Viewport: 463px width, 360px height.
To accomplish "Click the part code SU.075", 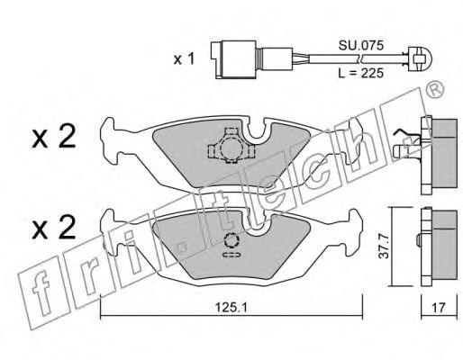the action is point(361,46).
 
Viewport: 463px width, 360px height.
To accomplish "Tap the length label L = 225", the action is point(361,73).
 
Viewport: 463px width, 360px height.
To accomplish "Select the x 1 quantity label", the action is point(184,59).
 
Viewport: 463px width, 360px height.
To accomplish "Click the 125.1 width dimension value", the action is point(231,308).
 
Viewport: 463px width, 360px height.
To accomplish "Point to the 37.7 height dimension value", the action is point(384,247).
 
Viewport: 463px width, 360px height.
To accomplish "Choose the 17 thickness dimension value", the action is point(439,308).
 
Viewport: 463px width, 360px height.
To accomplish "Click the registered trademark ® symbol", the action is point(435,90).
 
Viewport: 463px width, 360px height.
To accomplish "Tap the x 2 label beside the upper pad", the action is point(54,137).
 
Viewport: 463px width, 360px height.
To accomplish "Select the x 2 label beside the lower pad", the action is point(54,228).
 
